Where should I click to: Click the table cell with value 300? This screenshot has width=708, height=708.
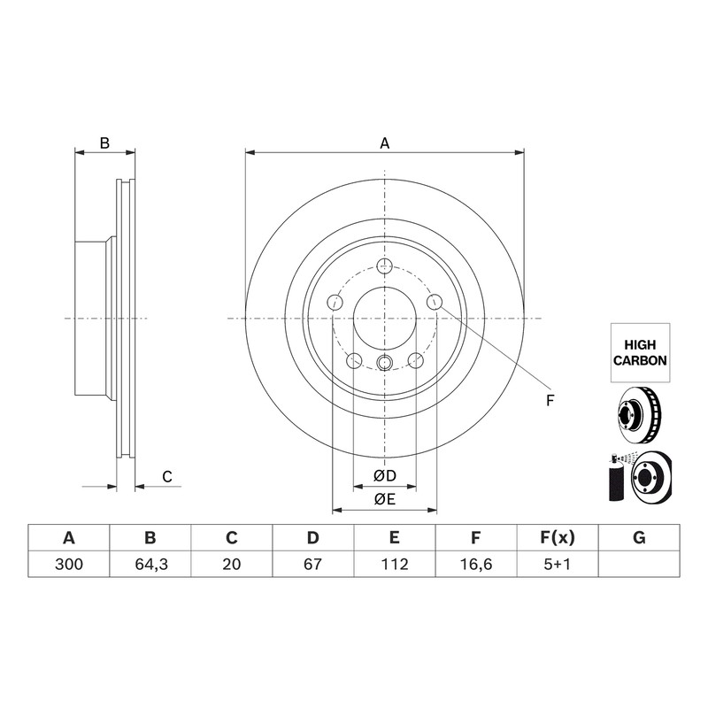pos(69,564)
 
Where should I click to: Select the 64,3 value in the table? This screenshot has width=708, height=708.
pos(150,564)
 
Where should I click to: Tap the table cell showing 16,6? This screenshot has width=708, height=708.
pos(476,564)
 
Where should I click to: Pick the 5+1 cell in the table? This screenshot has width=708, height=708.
pos(558,564)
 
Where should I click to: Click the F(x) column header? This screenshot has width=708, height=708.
pos(558,538)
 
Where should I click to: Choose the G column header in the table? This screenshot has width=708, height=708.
pos(639,538)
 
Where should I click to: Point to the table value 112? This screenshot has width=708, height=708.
pos(395,564)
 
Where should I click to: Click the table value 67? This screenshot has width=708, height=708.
pos(313,564)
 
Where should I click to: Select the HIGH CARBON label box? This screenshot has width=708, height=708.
pos(640,352)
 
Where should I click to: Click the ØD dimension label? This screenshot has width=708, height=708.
pos(384,475)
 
